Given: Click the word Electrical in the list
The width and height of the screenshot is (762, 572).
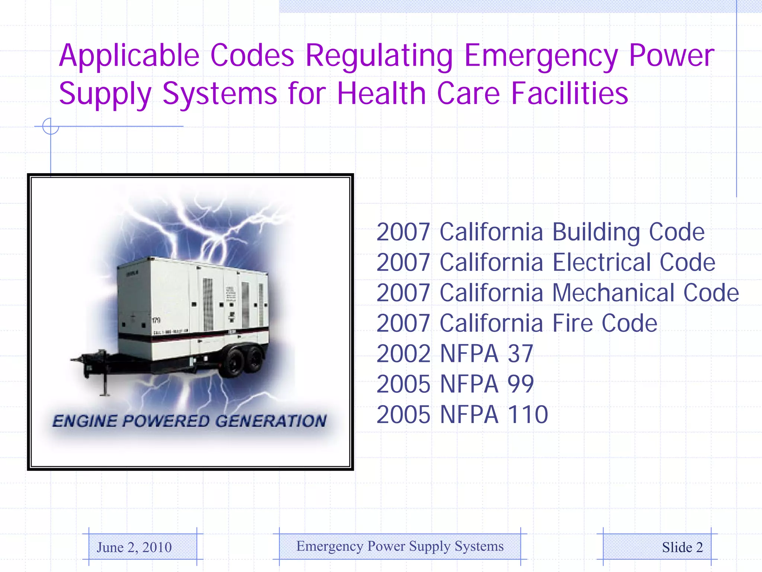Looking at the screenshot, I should click(601, 263).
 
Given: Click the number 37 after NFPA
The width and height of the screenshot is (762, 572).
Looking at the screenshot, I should click(520, 354).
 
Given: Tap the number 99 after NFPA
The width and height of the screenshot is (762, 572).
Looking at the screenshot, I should click(521, 384).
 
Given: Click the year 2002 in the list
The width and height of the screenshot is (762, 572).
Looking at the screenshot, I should click(403, 354).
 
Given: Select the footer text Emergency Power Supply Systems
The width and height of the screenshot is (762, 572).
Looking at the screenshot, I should click(400, 546).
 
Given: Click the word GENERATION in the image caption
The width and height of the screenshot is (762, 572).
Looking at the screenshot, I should click(271, 421).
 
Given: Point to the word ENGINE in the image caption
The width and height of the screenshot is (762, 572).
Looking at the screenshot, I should click(85, 421).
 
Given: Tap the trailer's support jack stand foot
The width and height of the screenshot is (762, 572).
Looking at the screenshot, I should click(105, 393).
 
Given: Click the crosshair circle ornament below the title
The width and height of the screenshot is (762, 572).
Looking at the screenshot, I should click(51, 126).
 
